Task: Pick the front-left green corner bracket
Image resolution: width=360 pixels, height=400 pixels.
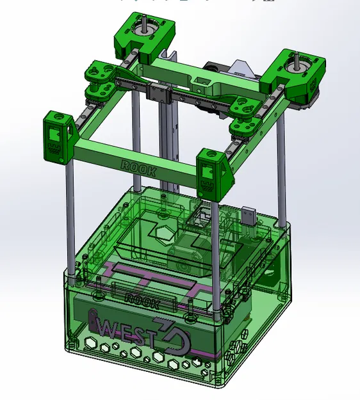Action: (x=56, y=136)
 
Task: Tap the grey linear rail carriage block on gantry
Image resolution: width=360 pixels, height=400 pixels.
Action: (x=158, y=93)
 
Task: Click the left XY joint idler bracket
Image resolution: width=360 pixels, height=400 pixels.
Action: (x=101, y=80)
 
